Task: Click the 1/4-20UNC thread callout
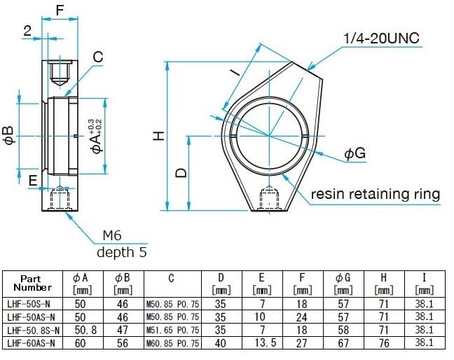tap(381, 38)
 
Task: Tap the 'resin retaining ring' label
tap(375, 194)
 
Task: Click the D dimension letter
tap(181, 172)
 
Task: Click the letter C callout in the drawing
tap(97, 56)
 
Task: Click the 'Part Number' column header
tap(32, 283)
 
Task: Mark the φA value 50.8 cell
tap(81, 330)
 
